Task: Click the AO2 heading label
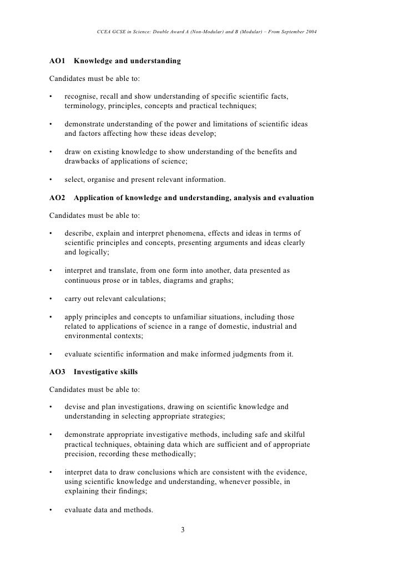click(58, 198)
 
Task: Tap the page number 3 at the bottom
click(183, 529)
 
